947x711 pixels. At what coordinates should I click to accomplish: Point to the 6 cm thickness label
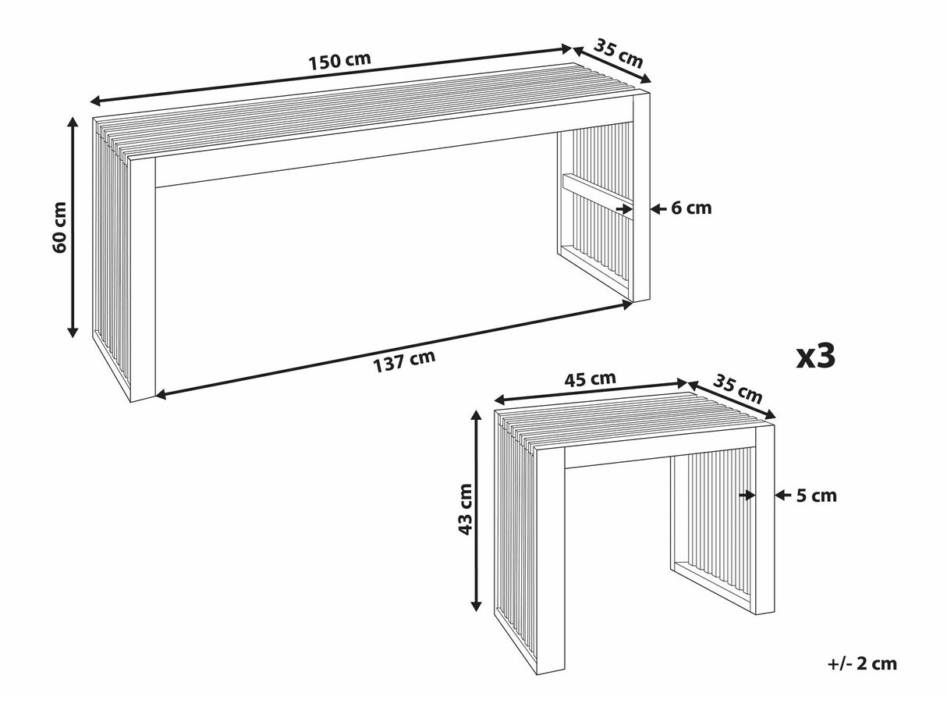691,208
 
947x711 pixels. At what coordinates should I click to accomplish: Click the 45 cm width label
590,379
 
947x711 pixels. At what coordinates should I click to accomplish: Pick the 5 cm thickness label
817,495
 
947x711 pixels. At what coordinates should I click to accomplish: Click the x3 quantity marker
816,357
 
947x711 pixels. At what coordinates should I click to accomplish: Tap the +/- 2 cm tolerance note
862,664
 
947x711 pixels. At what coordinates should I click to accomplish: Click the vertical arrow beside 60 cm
73,226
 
